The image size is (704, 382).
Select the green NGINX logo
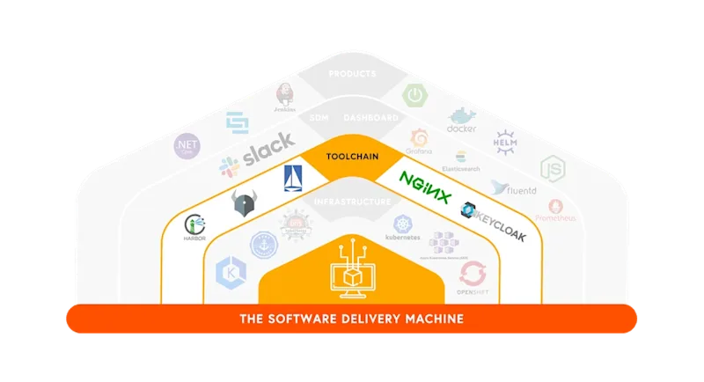(x=426, y=180)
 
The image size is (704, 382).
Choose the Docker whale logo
(x=461, y=121)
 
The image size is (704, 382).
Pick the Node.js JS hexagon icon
(x=552, y=168)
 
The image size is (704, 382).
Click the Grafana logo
(x=421, y=140)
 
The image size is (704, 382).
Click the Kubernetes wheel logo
(x=403, y=227)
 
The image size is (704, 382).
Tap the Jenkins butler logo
(x=283, y=97)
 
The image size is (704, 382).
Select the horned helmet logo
(x=244, y=203)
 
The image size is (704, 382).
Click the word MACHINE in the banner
(x=429, y=318)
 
